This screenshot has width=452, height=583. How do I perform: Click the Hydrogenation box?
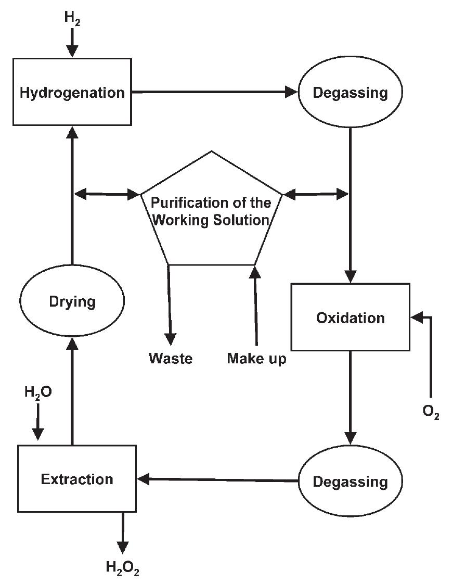click(x=72, y=92)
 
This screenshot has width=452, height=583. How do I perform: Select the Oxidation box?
click(x=350, y=317)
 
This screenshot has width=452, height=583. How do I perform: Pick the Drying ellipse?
click(x=72, y=301)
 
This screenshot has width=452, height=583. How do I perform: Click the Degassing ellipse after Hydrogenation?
click(x=350, y=93)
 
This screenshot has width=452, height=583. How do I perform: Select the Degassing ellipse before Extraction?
click(x=350, y=481)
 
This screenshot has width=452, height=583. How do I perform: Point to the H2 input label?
click(x=73, y=18)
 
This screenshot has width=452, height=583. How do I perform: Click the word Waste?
click(x=171, y=359)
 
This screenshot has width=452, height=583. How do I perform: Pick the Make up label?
click(x=256, y=359)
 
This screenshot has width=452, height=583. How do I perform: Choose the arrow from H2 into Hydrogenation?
click(x=72, y=43)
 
